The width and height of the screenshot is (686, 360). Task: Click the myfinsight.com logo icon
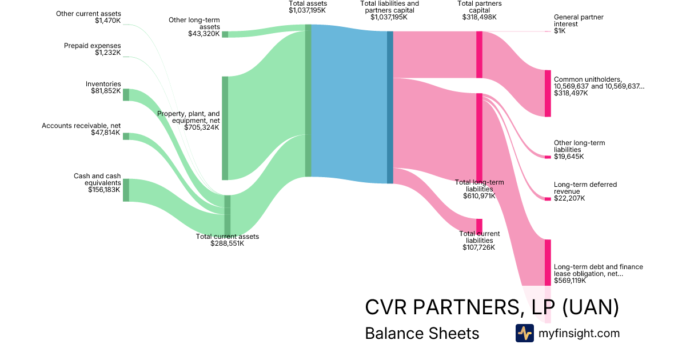tap(525, 333)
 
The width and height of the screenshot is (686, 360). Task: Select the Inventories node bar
tap(126, 95)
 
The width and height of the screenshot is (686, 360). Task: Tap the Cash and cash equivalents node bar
tap(126, 190)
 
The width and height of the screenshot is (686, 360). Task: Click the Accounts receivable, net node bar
tap(126, 137)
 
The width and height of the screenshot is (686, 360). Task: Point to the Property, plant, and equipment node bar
tap(225, 128)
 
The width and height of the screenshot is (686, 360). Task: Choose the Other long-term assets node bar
tap(225, 34)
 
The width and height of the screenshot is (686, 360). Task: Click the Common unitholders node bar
tap(548, 93)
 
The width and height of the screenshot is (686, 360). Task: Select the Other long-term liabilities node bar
tap(548, 157)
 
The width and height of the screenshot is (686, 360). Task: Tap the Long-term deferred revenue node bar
tap(548, 199)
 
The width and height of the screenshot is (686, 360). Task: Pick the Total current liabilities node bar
tap(479, 227)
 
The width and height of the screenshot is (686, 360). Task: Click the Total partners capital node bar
tap(479, 54)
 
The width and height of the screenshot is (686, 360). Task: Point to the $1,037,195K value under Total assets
tap(307, 10)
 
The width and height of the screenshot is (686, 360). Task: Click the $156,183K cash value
tap(104, 190)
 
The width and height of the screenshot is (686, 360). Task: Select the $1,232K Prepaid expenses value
tap(108, 53)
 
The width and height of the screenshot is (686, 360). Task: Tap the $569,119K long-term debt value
tap(570, 281)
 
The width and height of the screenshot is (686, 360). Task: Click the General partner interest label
tap(579, 21)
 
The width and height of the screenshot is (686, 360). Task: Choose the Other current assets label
tap(89, 14)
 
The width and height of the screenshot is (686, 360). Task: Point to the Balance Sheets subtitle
tap(422, 333)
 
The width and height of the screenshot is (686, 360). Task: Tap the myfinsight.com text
tap(579, 333)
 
